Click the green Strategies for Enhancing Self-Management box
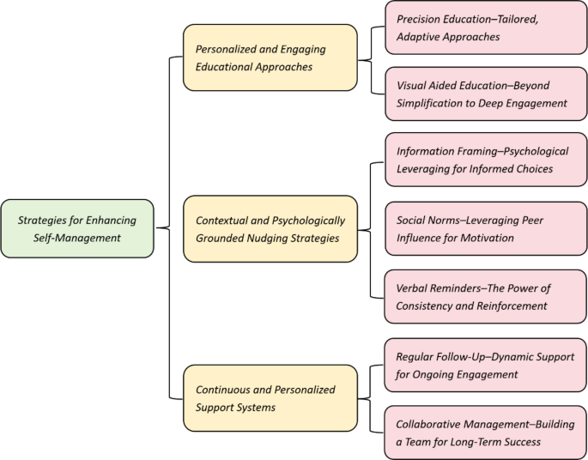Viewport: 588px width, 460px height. click(x=77, y=228)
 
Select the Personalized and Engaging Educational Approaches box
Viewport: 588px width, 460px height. click(x=270, y=57)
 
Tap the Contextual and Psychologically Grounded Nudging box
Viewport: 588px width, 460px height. click(x=270, y=228)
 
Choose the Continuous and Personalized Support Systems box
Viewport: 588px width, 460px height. click(x=270, y=398)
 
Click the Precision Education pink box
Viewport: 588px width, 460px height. click(x=486, y=27)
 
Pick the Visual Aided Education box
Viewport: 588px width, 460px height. click(x=486, y=94)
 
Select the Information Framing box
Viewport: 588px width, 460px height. click(x=486, y=160)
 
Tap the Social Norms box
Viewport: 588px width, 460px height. click(x=486, y=228)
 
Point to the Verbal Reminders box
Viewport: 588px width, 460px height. click(x=486, y=296)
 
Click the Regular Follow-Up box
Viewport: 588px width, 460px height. click(x=486, y=364)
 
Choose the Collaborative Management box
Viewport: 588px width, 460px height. click(x=486, y=433)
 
